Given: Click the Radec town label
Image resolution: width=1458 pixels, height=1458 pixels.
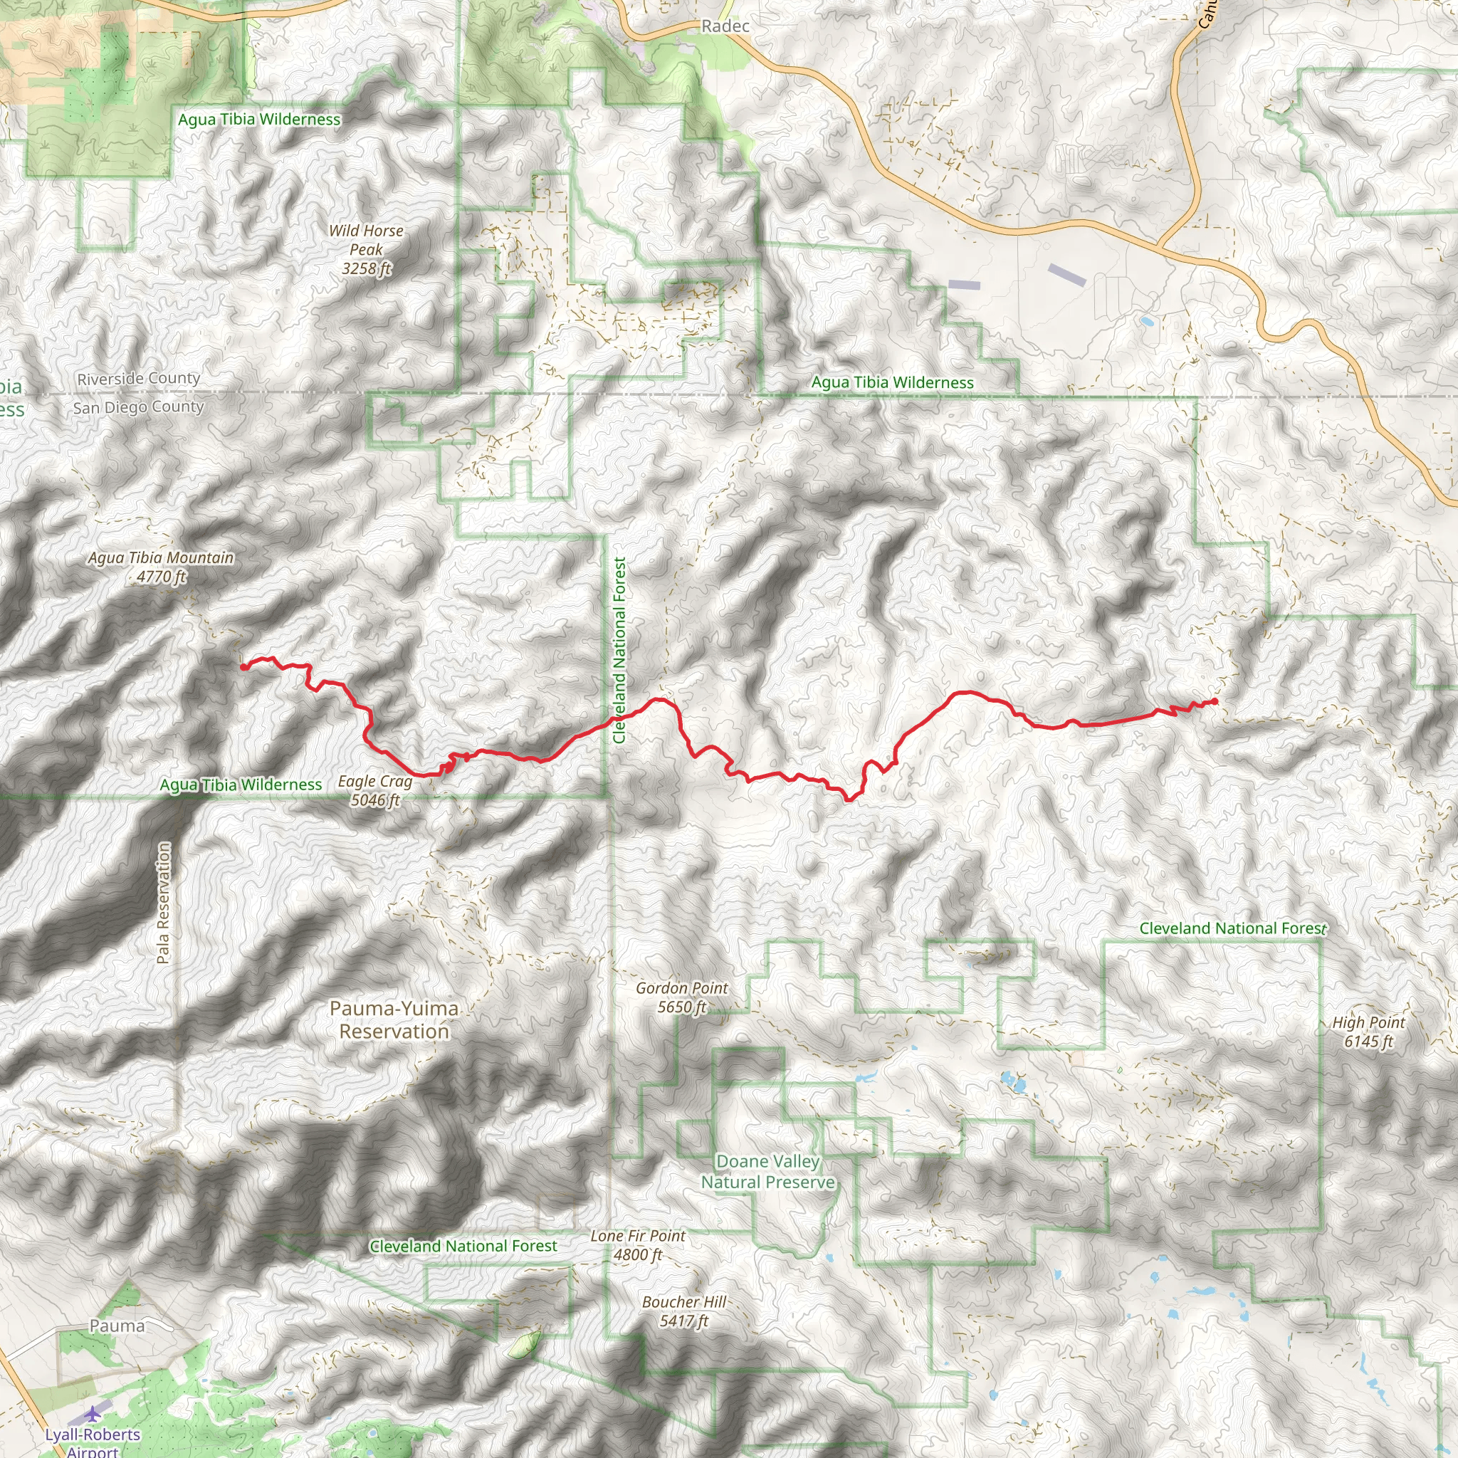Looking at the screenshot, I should click(725, 26).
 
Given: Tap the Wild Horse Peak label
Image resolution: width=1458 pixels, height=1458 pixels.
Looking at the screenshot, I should click(366, 250).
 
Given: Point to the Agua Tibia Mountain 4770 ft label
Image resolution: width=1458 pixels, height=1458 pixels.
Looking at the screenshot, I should click(161, 567).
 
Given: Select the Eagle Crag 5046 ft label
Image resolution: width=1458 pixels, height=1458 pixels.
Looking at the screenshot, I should click(375, 790).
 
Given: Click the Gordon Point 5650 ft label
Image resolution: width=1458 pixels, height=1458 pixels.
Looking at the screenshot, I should click(681, 997).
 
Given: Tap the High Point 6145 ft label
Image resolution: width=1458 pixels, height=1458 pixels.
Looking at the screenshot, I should click(1368, 1032).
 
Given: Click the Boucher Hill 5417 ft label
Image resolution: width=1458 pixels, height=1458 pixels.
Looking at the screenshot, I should click(683, 1311).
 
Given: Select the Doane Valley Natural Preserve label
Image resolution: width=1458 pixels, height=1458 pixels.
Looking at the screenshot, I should click(767, 1171).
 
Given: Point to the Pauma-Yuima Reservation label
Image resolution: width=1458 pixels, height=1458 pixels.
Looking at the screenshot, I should click(394, 1019).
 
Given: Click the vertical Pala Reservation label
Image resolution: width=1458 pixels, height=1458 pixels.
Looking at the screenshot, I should click(163, 903).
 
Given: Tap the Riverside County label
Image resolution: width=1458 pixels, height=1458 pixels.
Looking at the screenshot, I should click(139, 378).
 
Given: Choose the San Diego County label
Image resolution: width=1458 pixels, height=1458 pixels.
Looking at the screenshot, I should click(139, 407).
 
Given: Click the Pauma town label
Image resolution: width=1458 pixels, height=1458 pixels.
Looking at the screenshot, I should click(117, 1325).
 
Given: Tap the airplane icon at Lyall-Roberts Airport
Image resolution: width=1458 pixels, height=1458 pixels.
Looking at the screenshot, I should click(93, 1412).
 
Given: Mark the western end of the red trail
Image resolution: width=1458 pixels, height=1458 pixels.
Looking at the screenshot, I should click(243, 666).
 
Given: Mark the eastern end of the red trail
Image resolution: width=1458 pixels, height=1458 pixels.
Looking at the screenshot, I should click(1215, 701).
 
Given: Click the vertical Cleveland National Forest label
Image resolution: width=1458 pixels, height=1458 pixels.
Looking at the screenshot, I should click(619, 651).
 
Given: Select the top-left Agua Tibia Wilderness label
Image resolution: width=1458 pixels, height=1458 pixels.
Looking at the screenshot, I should click(259, 119).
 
